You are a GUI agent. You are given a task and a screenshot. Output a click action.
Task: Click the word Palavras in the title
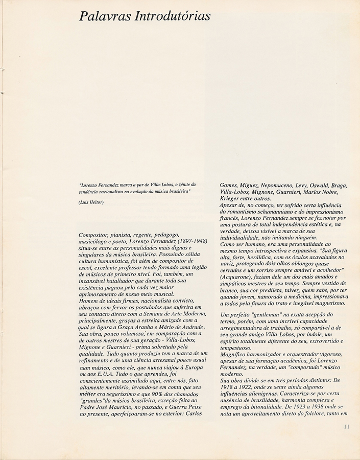[x=104, y=16]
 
